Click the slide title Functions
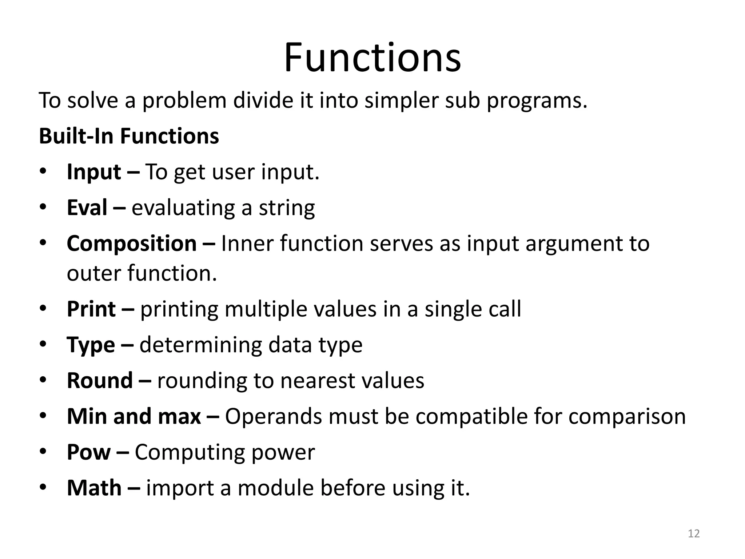372,58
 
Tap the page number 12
694,534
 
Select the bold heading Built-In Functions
129,136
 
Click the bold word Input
94,172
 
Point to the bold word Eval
87,207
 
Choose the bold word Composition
132,243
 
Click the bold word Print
91,309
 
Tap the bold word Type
91,345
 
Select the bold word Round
100,380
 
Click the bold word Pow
88,452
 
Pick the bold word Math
94,488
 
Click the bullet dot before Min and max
43,416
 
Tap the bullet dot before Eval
43,207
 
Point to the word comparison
627,416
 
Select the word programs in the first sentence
537,100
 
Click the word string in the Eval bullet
287,208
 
